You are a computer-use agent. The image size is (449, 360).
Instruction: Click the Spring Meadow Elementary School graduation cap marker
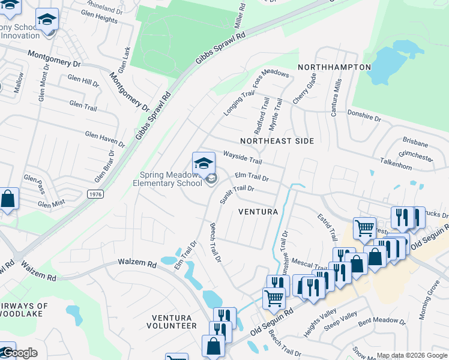coord(203,163)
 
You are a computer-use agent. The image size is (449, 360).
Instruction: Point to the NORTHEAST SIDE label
coord(277,140)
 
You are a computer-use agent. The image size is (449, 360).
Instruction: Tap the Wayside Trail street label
coord(243,158)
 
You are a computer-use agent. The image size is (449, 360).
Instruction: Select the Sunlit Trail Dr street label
coord(237,195)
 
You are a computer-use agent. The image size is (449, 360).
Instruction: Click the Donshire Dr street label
coord(364,115)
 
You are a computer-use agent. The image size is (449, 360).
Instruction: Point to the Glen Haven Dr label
coord(105,140)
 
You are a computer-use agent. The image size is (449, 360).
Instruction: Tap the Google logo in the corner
coord(19,353)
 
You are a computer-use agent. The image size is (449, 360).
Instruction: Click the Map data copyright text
coord(411,355)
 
